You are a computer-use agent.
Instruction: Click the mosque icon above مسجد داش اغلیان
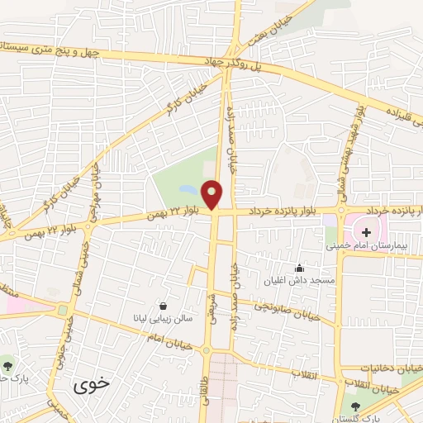[x=298, y=269]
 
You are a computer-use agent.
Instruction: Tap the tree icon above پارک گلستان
[x=356, y=406]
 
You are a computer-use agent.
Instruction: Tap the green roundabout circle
[x=63, y=311]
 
